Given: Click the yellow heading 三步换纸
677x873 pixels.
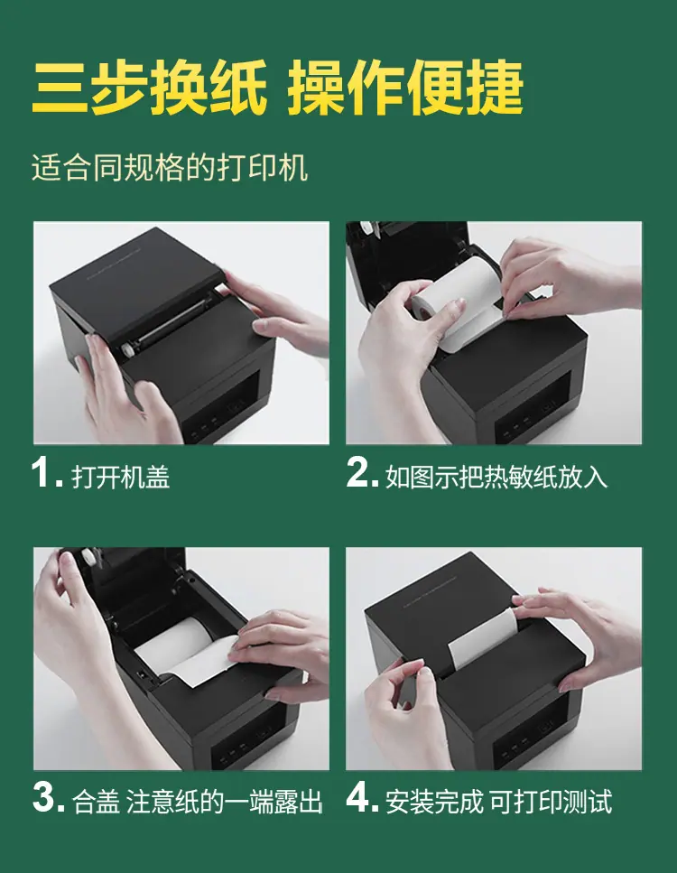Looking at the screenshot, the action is [x=150, y=87].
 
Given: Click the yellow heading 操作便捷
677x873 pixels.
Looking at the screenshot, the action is [x=405, y=87].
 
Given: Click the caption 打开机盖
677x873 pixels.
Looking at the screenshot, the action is [x=121, y=478].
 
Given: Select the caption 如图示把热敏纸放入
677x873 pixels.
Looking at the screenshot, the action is [x=496, y=478].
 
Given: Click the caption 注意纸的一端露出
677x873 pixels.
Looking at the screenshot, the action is [x=225, y=803].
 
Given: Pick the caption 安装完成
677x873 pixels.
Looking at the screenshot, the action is [x=434, y=803].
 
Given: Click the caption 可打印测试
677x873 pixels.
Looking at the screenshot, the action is [x=551, y=803].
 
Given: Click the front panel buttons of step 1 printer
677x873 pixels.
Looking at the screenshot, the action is [x=199, y=431].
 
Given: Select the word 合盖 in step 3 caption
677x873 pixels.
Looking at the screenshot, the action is [x=96, y=803].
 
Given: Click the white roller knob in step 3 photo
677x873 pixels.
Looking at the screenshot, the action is [x=88, y=558].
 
